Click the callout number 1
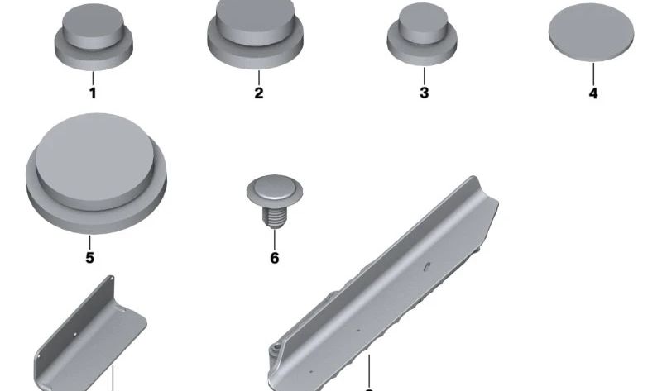pyautogui.click(x=93, y=93)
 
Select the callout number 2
pyautogui.click(x=259, y=93)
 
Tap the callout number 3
pyautogui.click(x=425, y=93)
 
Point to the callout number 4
pyautogui.click(x=593, y=93)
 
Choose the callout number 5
pyautogui.click(x=89, y=257)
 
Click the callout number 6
pyautogui.click(x=275, y=258)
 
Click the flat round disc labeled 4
pyautogui.click(x=591, y=32)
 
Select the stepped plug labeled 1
pyautogui.click(x=94, y=37)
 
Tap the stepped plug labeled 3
pyautogui.click(x=422, y=35)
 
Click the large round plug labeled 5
pyautogui.click(x=96, y=174)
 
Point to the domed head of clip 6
pyautogui.click(x=275, y=188)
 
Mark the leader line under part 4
pyautogui.click(x=593, y=74)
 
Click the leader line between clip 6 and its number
pyautogui.click(x=275, y=240)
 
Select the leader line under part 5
pyautogui.click(x=89, y=242)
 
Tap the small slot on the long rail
pyautogui.click(x=427, y=266)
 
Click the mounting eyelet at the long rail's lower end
pyautogui.click(x=276, y=348)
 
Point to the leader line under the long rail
pyautogui.click(x=369, y=370)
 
